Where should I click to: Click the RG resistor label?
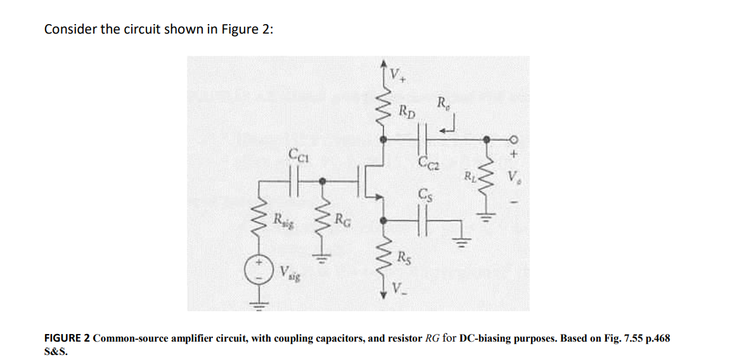[343, 221]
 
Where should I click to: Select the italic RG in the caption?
[432, 338]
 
